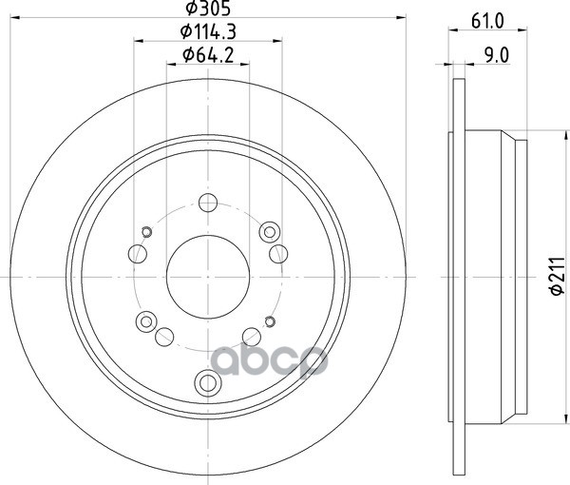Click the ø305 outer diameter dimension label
click(x=208, y=8)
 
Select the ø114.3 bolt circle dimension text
click(x=208, y=31)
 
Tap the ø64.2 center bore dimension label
click(x=208, y=55)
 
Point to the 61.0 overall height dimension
click(x=487, y=21)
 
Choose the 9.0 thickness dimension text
click(x=497, y=55)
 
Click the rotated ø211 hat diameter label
click(x=558, y=276)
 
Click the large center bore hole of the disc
click(x=208, y=277)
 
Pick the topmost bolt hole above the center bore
click(x=208, y=203)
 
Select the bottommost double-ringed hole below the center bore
click(x=208, y=382)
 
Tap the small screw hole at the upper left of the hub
click(x=146, y=232)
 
